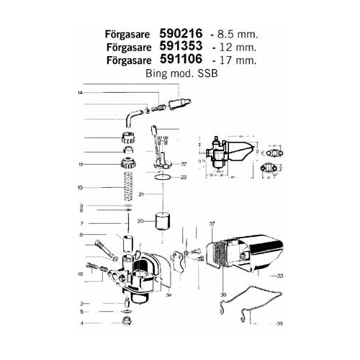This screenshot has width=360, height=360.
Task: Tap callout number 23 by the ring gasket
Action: point(183,177)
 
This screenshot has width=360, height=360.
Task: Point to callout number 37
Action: point(212,225)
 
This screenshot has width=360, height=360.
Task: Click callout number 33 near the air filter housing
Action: point(279,276)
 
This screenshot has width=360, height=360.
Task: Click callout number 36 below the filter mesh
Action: point(222,294)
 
